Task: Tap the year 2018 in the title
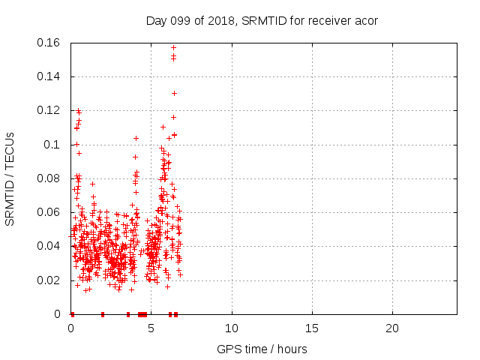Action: [214, 21]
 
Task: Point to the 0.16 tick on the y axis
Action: [49, 43]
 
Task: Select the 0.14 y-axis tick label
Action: [49, 76]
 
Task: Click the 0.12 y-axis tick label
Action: [49, 110]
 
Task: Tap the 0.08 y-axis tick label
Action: [49, 178]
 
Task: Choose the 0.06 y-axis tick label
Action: [49, 212]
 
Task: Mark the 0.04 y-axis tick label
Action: [49, 246]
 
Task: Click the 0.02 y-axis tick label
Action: [49, 280]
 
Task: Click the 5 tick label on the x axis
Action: [151, 329]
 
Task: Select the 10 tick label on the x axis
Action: [232, 329]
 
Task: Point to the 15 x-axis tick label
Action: [312, 329]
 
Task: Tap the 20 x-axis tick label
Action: [392, 329]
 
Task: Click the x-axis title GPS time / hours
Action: [262, 349]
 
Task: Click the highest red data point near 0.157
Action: [173, 47]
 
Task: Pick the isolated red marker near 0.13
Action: [174, 93]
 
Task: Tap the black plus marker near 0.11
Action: [163, 127]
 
